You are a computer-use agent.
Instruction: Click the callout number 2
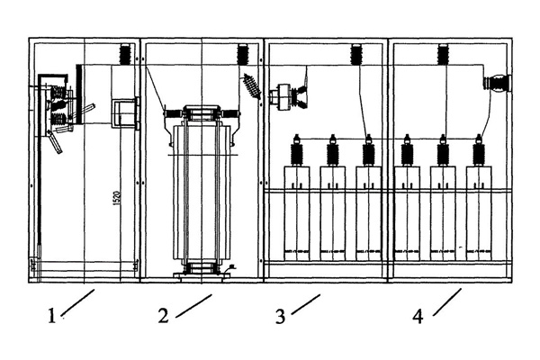click(163, 316)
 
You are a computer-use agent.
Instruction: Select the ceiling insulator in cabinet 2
click(241, 53)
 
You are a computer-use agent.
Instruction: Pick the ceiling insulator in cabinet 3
click(356, 53)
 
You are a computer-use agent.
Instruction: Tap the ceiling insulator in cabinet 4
click(442, 53)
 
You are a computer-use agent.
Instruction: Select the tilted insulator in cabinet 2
click(251, 87)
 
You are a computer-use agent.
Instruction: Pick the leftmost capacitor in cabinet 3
click(296, 202)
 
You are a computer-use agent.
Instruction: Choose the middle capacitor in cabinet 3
click(332, 202)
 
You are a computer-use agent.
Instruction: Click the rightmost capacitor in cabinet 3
click(367, 202)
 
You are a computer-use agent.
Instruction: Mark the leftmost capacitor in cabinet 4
click(407, 202)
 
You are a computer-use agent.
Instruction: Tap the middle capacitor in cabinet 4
click(442, 202)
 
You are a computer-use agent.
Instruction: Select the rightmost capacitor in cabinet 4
click(478, 202)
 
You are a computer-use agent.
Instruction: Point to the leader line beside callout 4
click(448, 302)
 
